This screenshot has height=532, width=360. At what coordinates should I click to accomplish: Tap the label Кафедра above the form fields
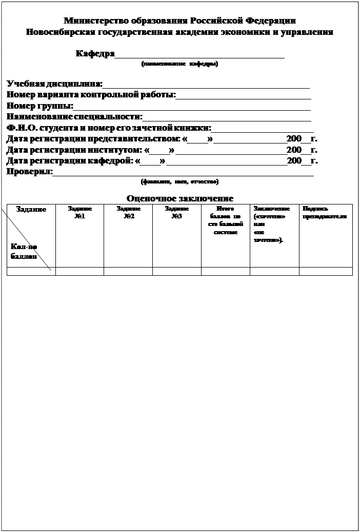(x=95, y=54)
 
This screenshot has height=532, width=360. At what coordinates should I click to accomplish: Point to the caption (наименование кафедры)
(x=179, y=65)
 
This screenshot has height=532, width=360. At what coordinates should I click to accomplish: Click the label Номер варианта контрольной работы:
(x=91, y=95)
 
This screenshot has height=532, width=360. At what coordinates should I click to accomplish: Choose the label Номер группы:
(x=39, y=106)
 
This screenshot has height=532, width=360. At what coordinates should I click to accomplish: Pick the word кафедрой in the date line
(x=112, y=161)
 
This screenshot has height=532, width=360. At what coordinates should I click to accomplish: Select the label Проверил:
(x=29, y=172)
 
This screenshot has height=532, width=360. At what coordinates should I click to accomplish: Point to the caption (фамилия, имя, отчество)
(x=179, y=181)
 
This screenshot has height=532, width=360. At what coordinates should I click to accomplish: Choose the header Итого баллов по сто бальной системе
(x=225, y=220)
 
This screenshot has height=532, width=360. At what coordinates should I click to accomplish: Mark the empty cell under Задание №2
(x=128, y=271)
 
